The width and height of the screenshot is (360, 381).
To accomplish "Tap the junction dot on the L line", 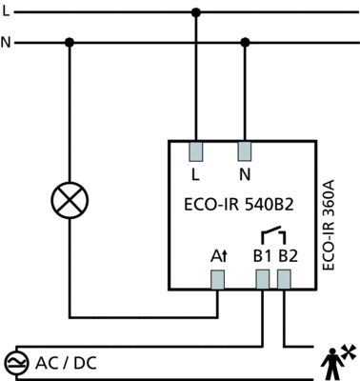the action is pos(196,12).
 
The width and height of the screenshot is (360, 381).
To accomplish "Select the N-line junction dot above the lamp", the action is pos(70,42).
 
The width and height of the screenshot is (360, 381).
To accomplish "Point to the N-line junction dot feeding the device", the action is pos(245,42).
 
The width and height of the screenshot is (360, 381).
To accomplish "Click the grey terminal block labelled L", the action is pos(196,151).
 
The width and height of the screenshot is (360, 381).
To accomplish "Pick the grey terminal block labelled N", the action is pos(245,151).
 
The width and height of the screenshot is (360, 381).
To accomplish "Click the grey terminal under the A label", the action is pos(218,280).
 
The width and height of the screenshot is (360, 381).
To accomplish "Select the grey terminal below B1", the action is pos(263,280).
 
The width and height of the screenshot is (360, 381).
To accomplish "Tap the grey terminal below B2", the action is pos(284,280).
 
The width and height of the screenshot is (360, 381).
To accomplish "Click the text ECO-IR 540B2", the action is pos(239,205).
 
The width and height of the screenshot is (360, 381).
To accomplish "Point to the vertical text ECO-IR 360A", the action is pos(329,225).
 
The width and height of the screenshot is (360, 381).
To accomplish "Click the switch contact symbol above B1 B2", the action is pos(273,234).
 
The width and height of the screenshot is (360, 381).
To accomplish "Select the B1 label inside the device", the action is pos(262,256).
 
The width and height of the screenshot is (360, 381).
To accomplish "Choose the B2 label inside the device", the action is pos(289,256).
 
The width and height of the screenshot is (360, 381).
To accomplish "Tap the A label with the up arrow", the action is pos(219,256).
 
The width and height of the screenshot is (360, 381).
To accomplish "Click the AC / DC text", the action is pos(66,363).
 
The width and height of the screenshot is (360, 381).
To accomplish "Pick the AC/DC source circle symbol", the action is pos(16,363).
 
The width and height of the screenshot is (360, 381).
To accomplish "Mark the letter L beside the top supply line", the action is pos(6,11).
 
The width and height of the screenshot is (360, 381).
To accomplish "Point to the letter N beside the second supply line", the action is pos(6,42).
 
